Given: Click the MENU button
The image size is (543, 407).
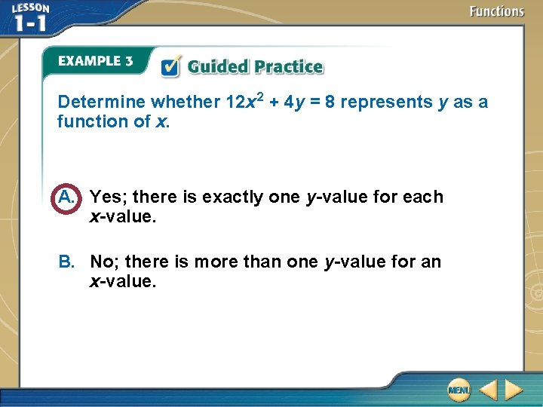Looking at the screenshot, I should [458, 390].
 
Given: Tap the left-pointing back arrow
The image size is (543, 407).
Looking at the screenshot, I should [488, 390].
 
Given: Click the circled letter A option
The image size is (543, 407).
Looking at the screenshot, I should [66, 197].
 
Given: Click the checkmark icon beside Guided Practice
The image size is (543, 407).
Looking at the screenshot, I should [171, 66].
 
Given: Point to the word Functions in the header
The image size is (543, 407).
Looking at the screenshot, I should [496, 11].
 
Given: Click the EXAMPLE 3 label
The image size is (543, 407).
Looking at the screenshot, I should [95, 61].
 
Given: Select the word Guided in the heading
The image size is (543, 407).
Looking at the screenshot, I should [219, 66].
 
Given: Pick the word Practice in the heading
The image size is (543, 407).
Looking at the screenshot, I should [288, 66].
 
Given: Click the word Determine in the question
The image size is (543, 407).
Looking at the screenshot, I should [103, 102].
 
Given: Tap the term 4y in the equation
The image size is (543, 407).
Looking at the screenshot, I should [294, 102].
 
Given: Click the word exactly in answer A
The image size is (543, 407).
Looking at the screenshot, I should [229, 197].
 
